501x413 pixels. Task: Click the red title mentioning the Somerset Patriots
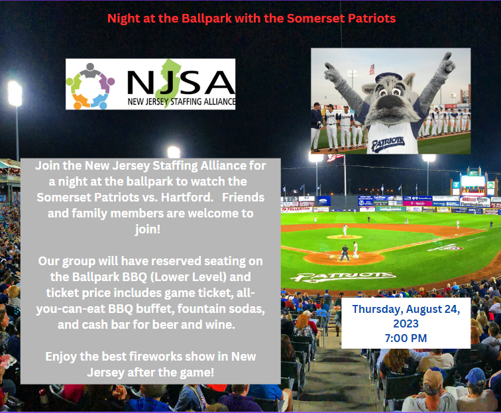(251, 18)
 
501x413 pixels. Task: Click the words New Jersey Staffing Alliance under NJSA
(180, 103)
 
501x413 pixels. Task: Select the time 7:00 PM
(405, 338)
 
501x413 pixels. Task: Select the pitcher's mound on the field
(345, 237)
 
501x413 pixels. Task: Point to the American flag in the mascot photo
(372, 68)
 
